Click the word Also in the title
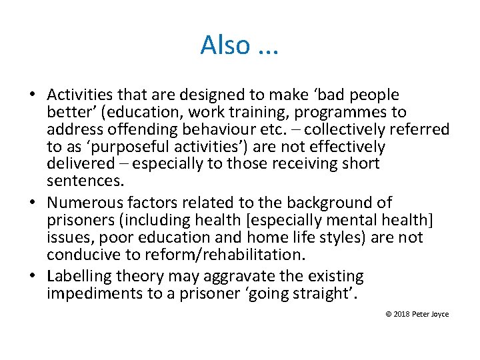(x=225, y=45)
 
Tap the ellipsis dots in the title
(x=267, y=49)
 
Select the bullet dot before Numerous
(x=34, y=203)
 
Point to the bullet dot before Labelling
(x=34, y=276)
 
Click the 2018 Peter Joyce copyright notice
(x=417, y=314)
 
